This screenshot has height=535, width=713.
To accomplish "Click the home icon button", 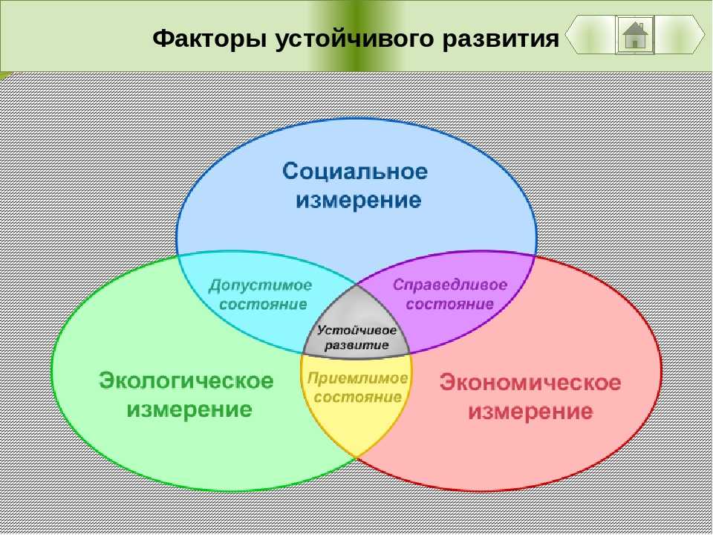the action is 635,35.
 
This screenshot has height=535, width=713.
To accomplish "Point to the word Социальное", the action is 355,172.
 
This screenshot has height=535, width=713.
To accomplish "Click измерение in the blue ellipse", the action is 358,200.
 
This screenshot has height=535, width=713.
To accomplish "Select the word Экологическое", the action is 186,380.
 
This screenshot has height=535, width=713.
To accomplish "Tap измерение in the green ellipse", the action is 189,409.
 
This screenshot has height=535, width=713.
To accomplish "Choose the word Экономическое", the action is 530,382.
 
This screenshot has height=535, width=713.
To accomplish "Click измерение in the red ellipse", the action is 530,412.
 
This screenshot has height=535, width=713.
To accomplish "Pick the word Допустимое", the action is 260,285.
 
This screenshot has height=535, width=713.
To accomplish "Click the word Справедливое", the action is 450,285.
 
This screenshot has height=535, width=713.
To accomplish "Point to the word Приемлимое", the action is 358,378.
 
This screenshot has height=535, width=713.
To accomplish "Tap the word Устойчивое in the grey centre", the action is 356,330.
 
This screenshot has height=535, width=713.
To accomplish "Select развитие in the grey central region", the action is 357,345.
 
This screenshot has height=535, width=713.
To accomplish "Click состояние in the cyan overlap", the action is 263,304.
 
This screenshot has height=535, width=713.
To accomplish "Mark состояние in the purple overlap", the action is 450,303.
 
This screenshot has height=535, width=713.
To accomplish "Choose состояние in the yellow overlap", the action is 358,397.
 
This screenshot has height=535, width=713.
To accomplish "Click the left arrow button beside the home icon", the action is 590,35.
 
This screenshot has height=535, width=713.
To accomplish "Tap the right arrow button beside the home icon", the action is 680,35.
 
